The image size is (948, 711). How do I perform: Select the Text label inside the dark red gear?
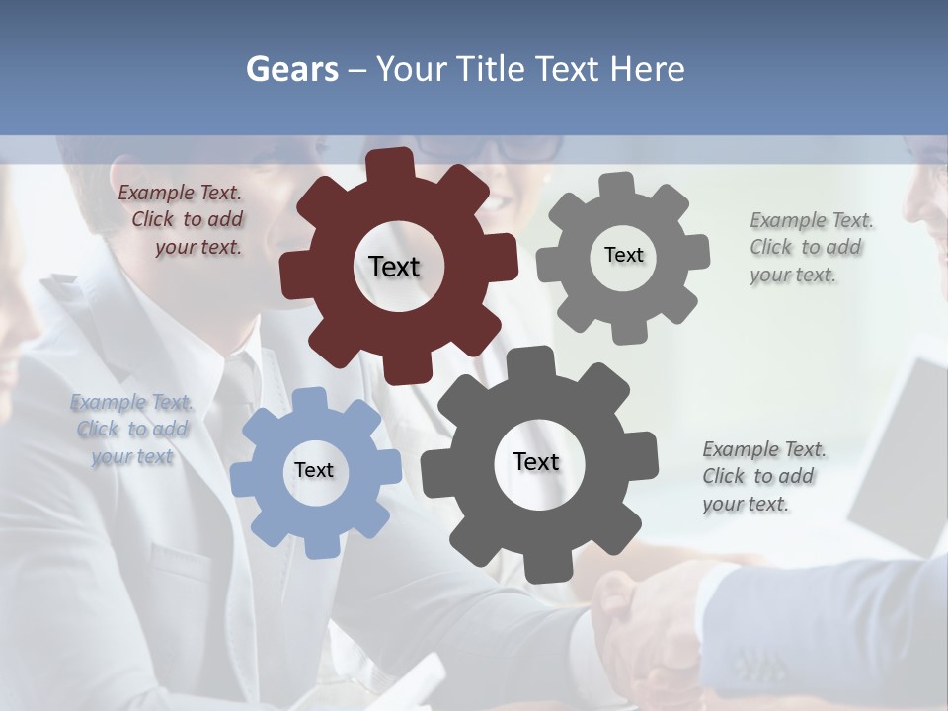394,267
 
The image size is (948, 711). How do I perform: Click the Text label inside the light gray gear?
623,255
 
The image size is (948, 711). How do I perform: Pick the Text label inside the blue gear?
314,470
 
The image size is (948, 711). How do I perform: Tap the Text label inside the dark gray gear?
536,461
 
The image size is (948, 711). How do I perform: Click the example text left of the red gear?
182,220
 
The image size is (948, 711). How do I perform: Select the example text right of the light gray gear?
810,247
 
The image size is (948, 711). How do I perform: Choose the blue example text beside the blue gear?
132,430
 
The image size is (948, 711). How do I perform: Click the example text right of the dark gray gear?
762,476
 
